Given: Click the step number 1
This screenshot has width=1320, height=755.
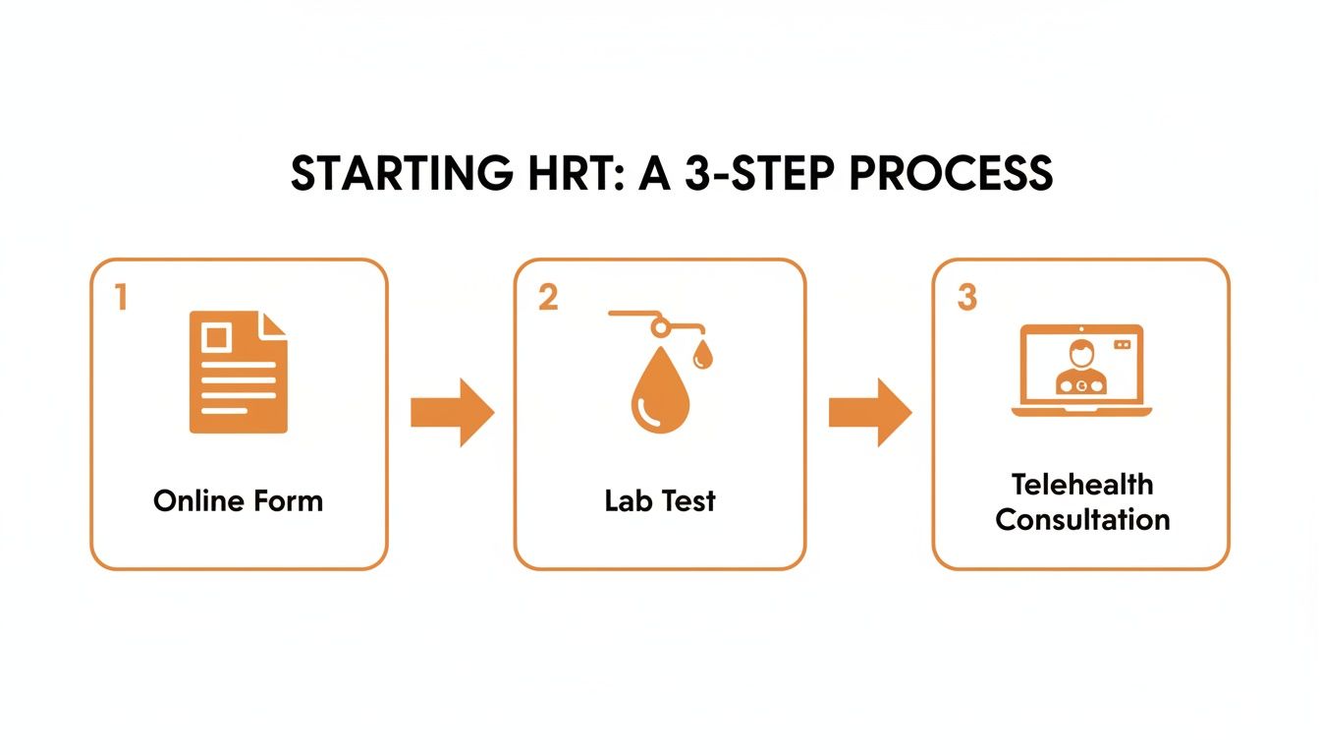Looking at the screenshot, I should tap(121, 298).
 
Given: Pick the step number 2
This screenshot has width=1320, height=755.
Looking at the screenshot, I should tap(548, 298).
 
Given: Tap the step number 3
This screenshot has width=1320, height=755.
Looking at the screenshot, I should tap(967, 298).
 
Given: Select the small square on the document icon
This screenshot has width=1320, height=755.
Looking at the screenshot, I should tap(216, 338).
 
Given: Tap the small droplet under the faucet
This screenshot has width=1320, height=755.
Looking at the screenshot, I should tap(701, 356).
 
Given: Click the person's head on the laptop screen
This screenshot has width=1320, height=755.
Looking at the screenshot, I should tap(1081, 351).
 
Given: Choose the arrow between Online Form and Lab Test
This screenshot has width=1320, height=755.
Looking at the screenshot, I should tap(451, 412).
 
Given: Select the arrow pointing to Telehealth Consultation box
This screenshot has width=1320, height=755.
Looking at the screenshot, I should tap(869, 412).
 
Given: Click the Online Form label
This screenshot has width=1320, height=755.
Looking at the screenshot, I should tap(238, 500).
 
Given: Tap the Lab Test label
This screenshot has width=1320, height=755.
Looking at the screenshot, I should tap(660, 500).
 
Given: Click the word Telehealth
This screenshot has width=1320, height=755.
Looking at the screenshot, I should tap(1081, 484).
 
